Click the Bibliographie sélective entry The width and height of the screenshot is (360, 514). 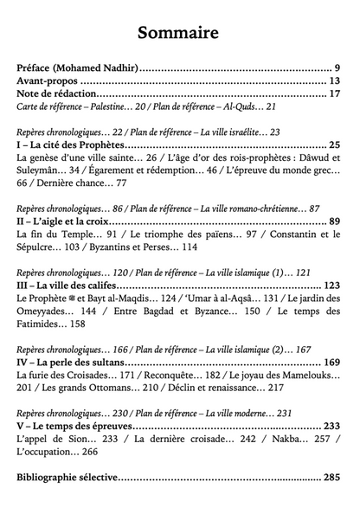tap(67, 477)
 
